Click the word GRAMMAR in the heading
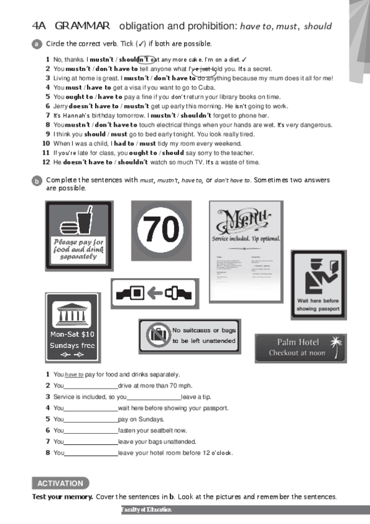(82, 26)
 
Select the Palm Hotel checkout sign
(300, 348)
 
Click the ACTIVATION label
(60, 483)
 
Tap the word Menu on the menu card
(246, 221)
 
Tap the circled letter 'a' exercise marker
(36, 44)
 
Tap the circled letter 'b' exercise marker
(36, 180)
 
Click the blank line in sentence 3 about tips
(153, 397)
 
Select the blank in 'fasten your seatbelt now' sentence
(90, 431)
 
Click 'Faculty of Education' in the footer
(146, 510)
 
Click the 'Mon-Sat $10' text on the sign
(73, 335)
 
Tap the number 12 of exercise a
(46, 162)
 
